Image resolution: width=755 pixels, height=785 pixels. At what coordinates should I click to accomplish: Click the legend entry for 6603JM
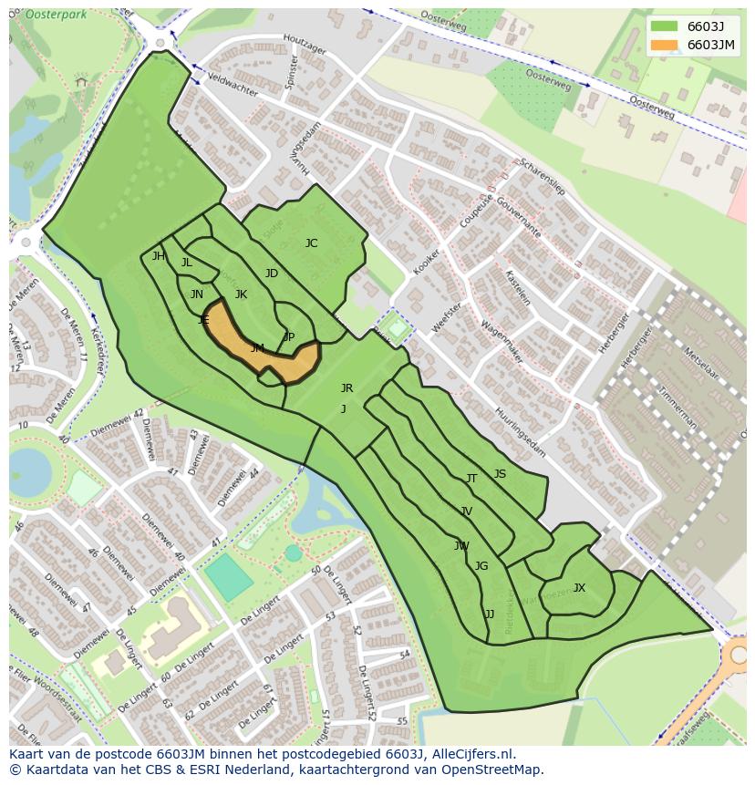click(711, 45)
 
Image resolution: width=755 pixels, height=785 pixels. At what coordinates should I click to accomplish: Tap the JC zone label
click(311, 243)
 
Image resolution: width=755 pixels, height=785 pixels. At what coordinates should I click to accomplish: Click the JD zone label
click(271, 274)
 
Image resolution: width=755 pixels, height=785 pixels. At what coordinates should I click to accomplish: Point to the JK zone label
click(241, 294)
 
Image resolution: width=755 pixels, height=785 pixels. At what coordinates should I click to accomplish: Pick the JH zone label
click(159, 256)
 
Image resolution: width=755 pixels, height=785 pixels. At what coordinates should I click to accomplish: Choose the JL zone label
click(186, 263)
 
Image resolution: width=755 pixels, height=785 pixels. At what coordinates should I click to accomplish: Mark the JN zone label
click(197, 294)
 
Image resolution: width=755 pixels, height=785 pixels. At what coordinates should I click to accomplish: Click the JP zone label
click(288, 337)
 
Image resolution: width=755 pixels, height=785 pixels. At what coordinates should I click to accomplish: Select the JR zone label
click(346, 388)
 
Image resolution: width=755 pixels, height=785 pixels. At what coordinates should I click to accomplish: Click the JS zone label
click(500, 474)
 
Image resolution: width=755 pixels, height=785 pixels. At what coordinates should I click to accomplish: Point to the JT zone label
click(471, 479)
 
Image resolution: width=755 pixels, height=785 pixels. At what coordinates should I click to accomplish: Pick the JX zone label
click(579, 588)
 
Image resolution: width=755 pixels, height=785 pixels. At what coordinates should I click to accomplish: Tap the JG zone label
click(481, 566)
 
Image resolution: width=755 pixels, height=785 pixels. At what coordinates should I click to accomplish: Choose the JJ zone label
click(490, 615)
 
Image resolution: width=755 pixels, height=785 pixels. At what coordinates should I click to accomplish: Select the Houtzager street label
click(305, 44)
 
